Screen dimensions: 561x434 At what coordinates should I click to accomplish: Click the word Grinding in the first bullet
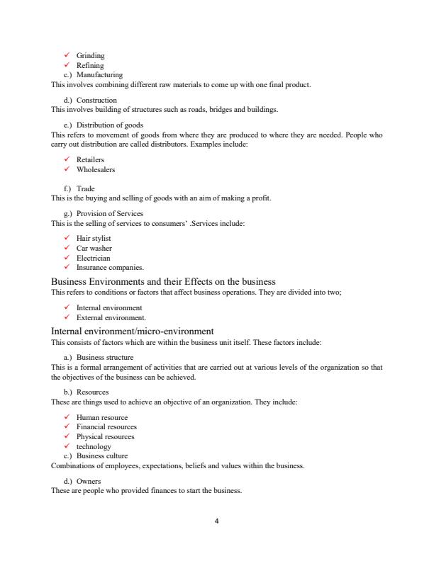pos(90,55)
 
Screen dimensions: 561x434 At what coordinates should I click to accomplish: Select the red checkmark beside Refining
pos(67,65)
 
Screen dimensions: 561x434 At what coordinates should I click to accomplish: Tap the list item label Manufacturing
pos(99,74)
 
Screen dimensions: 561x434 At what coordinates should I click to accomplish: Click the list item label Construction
pos(96,100)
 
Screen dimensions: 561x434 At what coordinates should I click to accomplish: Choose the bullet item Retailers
pos(90,160)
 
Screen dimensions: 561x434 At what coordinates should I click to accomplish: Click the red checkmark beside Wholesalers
pos(67,169)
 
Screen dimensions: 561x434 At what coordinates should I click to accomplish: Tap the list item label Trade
pos(85,189)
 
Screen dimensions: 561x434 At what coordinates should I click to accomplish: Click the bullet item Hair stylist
pos(94,239)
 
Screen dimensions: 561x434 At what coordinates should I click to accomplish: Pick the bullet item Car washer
pos(94,249)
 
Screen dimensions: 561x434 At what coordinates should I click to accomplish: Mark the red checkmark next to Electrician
pos(67,258)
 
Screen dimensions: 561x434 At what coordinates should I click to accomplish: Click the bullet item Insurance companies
pos(110,268)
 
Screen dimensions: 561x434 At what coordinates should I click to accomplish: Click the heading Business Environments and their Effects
pos(163,282)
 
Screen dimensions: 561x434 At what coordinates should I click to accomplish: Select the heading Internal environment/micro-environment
pos(132,331)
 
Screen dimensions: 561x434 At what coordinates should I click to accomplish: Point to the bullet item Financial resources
pos(106,427)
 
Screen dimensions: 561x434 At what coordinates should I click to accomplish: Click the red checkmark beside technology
pos(67,446)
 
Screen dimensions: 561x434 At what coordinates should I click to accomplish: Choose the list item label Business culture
pos(102,456)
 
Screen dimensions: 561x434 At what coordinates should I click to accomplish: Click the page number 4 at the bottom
pos(216,521)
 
